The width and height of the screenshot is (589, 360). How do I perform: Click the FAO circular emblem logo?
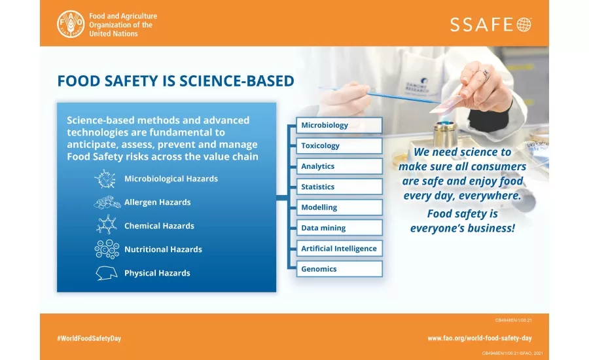[x=71, y=24]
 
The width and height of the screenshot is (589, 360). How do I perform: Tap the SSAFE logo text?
[x=490, y=25]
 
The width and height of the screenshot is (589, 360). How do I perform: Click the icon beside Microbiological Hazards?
[x=105, y=179]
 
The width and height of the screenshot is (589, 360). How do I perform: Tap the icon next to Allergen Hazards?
[x=107, y=202]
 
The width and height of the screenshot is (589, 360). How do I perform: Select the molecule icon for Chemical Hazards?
[x=106, y=225]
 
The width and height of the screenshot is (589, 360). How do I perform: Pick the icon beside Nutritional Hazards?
[x=106, y=249]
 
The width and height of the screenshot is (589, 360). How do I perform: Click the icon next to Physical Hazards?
[x=106, y=273]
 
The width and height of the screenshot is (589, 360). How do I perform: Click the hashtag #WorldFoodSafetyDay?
[x=89, y=338]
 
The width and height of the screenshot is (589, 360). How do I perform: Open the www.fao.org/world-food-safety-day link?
[x=480, y=338]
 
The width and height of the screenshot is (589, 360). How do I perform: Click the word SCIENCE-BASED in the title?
[x=233, y=81]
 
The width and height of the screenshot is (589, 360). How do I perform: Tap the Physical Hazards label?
[x=157, y=273]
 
